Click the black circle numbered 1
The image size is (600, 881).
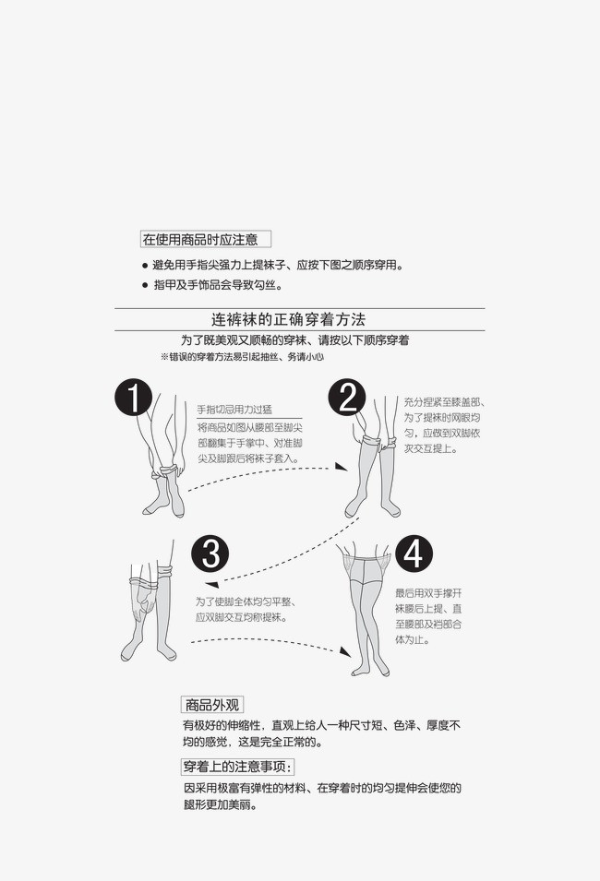(x=134, y=399)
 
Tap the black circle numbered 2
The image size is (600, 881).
(x=348, y=399)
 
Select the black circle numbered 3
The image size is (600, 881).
(x=210, y=554)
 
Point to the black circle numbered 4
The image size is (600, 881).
(x=413, y=554)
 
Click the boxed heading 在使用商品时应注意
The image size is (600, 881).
(x=205, y=239)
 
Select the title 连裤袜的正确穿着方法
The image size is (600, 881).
(x=288, y=319)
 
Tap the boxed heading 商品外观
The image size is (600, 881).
(x=211, y=704)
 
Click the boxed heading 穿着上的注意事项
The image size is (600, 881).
(x=236, y=767)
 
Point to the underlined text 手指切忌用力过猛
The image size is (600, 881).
(x=234, y=410)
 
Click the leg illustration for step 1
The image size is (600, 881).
(x=162, y=461)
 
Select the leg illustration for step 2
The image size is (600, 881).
(x=374, y=470)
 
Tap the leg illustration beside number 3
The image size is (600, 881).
(x=150, y=609)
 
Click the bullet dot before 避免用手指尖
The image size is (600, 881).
(x=145, y=266)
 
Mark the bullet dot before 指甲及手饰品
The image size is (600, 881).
(x=145, y=286)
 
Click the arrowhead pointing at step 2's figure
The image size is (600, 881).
(x=342, y=468)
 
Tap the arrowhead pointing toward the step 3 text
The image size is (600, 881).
(x=210, y=584)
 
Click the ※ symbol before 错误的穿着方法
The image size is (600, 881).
(x=164, y=356)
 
